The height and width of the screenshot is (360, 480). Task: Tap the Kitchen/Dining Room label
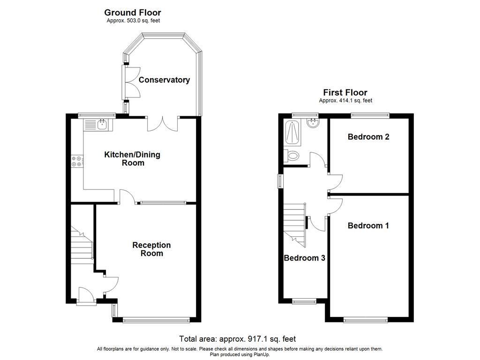pos(132,159)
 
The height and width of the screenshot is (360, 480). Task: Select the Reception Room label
pos(151,249)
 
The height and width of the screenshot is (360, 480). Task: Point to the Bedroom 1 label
pos(368,225)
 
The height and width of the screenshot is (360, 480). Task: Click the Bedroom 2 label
pos(368,137)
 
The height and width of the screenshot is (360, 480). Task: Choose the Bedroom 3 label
pos(304,258)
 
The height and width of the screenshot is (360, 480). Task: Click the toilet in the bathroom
pos(292,155)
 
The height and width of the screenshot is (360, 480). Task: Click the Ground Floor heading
pos(132,13)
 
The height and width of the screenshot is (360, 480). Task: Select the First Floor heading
pos(345,92)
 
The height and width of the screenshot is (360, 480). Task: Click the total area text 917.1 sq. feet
pos(237,338)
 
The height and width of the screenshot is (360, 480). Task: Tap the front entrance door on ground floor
pos(86,296)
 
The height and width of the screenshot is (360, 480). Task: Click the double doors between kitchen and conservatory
pos(163,123)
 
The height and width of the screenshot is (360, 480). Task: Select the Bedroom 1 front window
pos(363,320)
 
